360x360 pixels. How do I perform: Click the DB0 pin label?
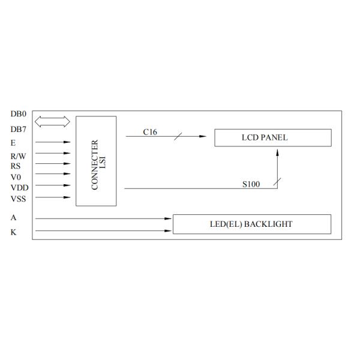[18, 114]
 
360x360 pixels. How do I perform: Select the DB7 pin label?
[18, 129]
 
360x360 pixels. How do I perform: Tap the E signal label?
[13, 143]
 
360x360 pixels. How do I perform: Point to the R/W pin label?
[18, 155]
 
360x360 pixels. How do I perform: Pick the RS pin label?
[16, 166]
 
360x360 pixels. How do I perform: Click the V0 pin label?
[16, 176]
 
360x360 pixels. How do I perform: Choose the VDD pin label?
[19, 187]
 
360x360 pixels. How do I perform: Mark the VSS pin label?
[18, 198]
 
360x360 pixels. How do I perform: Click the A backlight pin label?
[13, 218]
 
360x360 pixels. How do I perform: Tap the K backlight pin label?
[13, 232]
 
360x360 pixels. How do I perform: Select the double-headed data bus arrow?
[53, 122]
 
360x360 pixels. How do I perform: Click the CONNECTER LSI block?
[96, 161]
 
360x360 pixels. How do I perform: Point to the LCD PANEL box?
[272, 137]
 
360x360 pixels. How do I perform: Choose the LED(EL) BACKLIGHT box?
[251, 224]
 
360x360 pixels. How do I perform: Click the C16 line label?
[150, 131]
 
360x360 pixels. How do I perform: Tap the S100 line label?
[251, 184]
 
